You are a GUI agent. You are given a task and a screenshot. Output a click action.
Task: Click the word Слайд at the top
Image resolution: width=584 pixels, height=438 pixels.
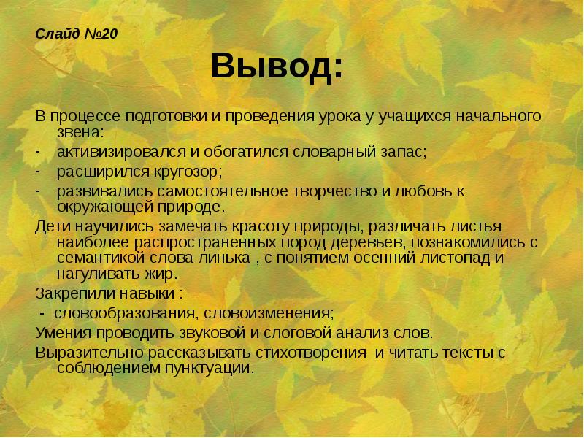point(54,33)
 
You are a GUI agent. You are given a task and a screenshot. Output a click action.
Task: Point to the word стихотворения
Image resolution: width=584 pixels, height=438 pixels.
point(310,351)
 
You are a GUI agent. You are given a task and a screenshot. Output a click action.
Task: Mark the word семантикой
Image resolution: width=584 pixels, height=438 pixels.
point(91,258)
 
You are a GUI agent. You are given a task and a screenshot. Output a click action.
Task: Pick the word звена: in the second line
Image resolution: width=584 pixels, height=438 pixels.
point(80,132)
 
